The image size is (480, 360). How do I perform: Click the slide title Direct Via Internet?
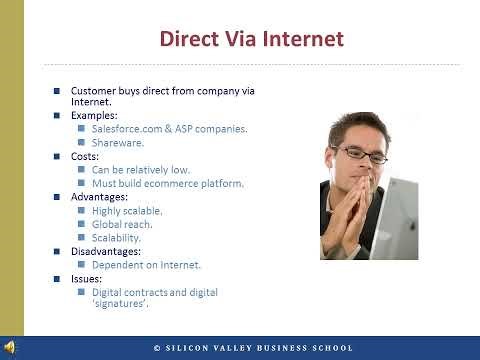click(252, 40)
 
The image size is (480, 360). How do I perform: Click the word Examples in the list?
click(93, 115)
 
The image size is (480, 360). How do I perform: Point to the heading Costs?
click(84, 157)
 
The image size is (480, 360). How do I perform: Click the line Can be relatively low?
click(141, 170)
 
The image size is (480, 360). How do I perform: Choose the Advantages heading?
click(99, 197)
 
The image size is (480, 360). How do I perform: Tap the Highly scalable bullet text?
click(127, 211)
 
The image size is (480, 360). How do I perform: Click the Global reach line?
click(122, 225)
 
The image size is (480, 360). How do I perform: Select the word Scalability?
click(117, 238)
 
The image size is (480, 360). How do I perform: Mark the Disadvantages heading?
click(106, 252)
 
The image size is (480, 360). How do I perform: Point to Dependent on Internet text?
click(146, 265)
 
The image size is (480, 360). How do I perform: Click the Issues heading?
click(85, 279)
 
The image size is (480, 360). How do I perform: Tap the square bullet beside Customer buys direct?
click(57, 91)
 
